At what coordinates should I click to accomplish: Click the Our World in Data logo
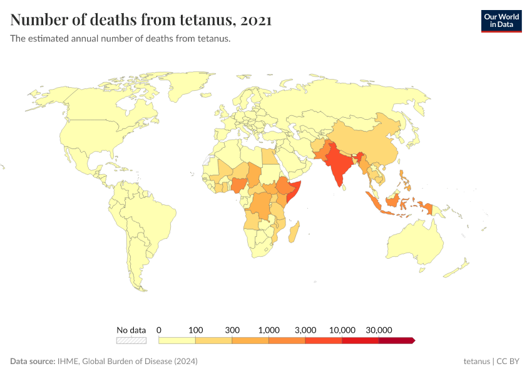coord(501,21)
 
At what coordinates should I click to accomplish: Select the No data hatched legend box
coord(131,340)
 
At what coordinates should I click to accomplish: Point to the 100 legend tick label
coord(196,330)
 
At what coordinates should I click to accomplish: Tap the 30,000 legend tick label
coord(379,330)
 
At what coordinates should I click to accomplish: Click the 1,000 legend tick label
coord(269,330)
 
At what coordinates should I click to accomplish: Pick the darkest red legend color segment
coord(396,340)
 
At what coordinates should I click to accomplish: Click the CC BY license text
coord(509,362)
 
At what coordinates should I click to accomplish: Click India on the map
coord(338,166)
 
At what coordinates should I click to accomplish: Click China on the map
coord(369,141)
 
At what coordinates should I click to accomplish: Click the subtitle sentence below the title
coord(121,39)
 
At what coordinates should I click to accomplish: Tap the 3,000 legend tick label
coord(305,330)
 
